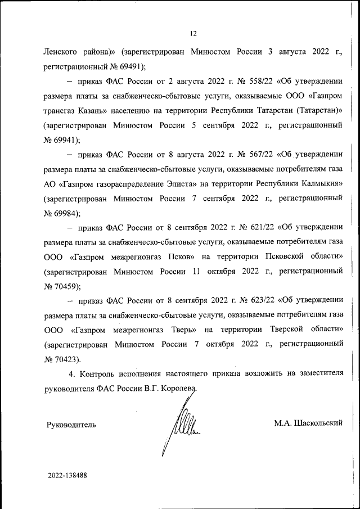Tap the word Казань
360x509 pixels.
99,110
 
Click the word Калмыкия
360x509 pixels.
317,183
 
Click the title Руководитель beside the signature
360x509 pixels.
71,424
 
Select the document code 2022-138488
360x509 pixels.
67,475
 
